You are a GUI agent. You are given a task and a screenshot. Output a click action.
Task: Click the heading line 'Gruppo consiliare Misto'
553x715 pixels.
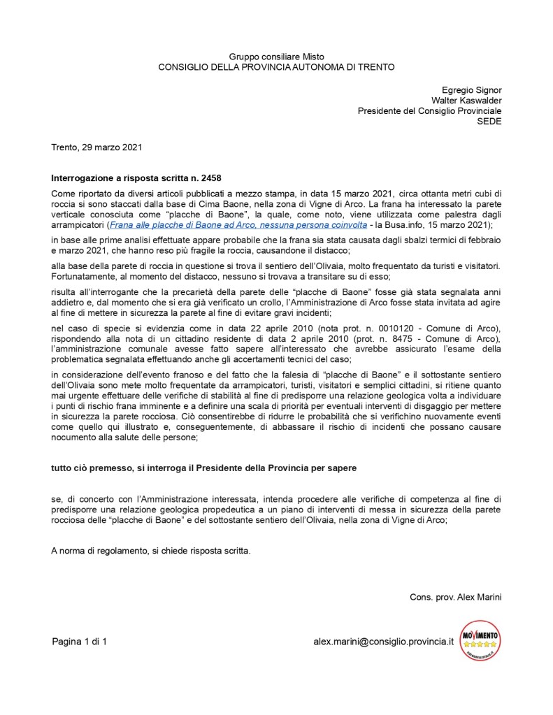(x=276, y=56)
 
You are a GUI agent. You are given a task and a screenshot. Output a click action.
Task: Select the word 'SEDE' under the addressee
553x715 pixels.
(x=489, y=121)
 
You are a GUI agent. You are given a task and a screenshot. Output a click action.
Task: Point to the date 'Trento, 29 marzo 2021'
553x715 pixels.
(x=96, y=147)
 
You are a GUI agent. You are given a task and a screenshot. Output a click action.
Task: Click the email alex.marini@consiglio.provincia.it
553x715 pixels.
(x=384, y=641)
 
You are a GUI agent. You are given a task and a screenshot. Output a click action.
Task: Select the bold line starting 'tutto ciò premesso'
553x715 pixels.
(x=204, y=468)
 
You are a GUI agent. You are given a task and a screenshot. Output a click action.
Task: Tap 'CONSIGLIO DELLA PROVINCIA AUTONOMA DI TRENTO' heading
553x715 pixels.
(x=276, y=67)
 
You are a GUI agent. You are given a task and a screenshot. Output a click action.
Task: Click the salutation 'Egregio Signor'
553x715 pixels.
(x=471, y=89)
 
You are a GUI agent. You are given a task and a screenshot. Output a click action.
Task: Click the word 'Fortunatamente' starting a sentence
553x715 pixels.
(x=83, y=277)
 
